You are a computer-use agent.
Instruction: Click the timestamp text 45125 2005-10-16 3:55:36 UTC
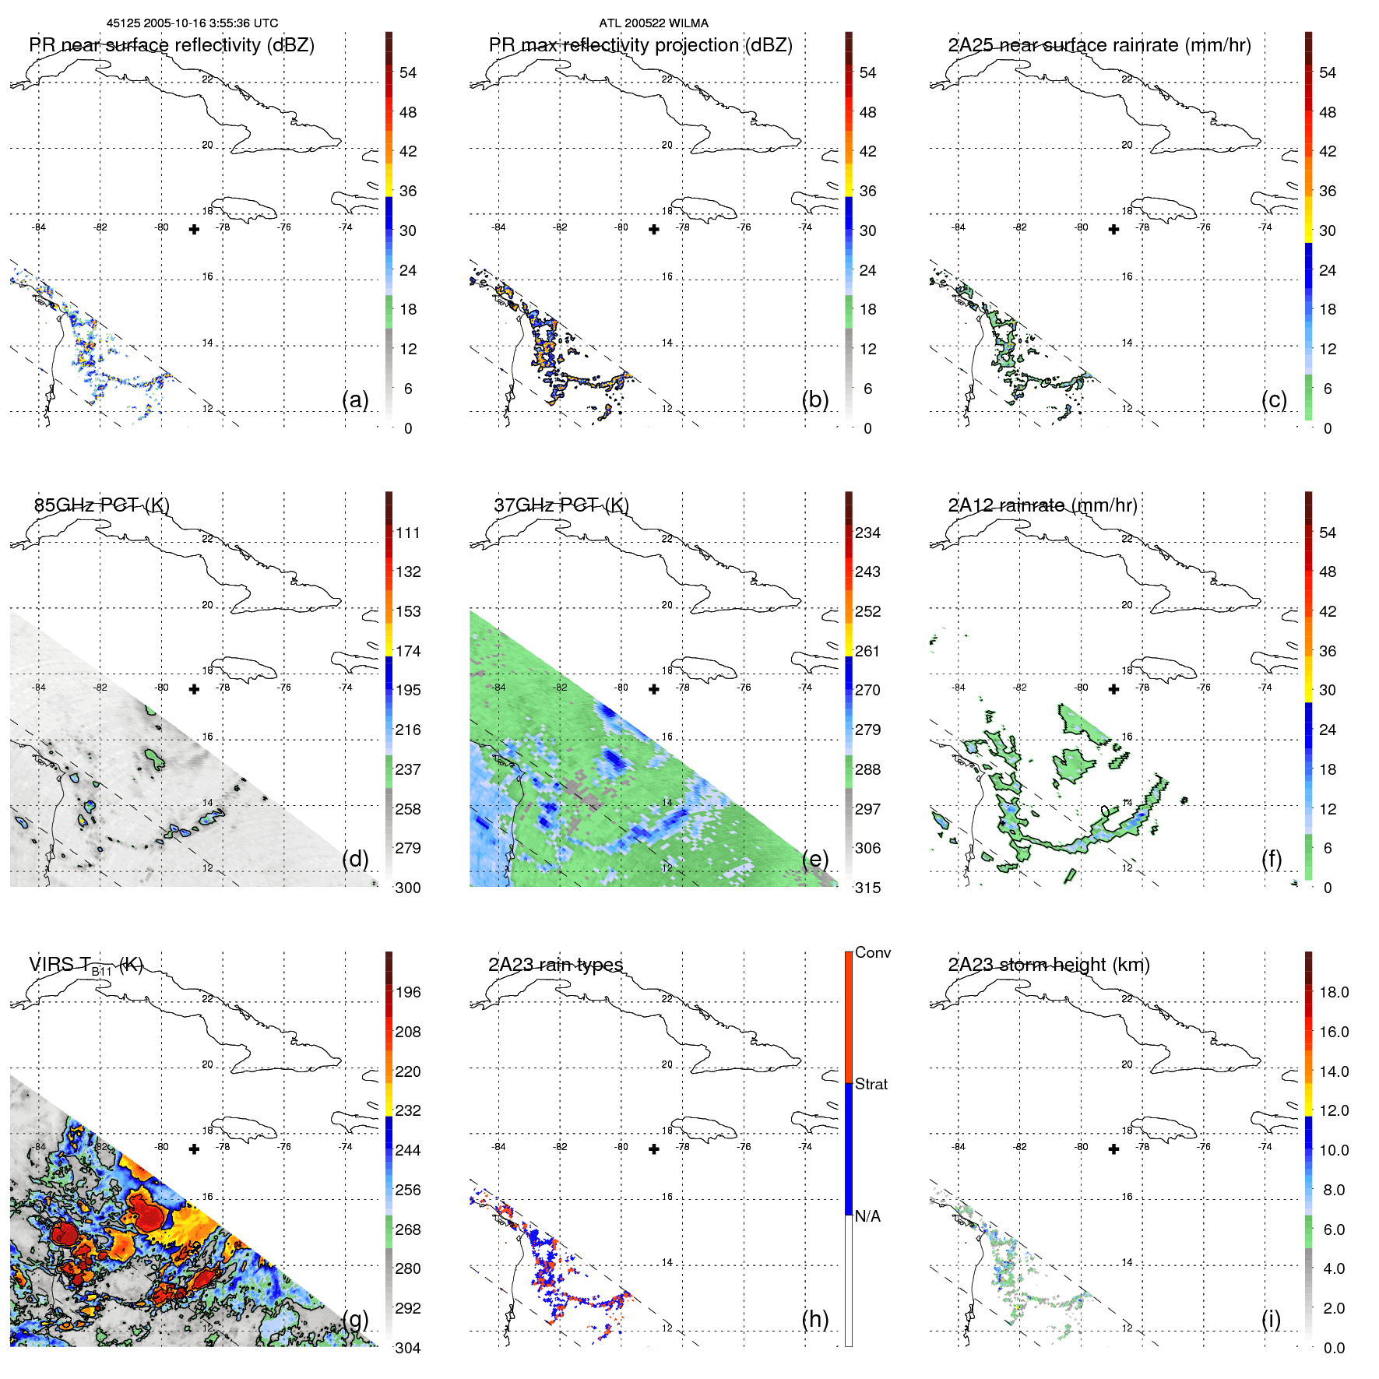[192, 23]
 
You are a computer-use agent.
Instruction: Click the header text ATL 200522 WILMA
[653, 23]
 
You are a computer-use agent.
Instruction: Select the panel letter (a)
[355, 399]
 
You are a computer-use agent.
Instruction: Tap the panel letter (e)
[814, 859]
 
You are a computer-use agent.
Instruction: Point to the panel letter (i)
[1271, 1319]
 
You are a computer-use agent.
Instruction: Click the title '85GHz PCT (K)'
[101, 505]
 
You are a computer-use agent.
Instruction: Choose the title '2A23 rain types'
[555, 965]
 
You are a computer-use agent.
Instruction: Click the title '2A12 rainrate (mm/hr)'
[1042, 505]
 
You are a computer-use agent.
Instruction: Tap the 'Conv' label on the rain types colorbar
[872, 952]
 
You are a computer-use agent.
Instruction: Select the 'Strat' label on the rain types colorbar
[871, 1084]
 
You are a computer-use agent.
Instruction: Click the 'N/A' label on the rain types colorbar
[867, 1216]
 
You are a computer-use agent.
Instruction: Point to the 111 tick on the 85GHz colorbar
[408, 533]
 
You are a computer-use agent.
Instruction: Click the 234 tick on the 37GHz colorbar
[867, 533]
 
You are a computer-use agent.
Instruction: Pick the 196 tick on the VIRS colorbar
[408, 992]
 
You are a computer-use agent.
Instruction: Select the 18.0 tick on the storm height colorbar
[1333, 992]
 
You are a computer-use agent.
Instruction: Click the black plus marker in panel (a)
[194, 229]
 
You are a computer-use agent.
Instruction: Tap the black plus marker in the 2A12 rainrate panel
[1113, 689]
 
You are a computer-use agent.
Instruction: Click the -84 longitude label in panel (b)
[498, 227]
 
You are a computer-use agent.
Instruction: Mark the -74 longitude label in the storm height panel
[1265, 1146]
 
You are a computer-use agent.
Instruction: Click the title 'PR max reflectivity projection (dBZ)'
[640, 45]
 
